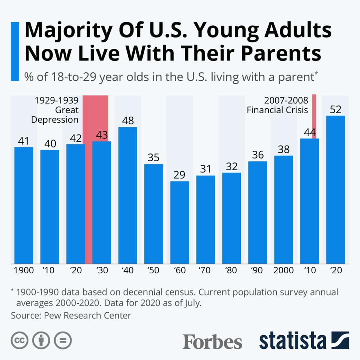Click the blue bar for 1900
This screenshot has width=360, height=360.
(x=24, y=205)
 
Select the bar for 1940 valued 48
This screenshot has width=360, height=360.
(x=127, y=195)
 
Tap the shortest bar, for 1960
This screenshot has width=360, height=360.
(x=180, y=222)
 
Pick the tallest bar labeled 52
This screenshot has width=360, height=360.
(x=336, y=189)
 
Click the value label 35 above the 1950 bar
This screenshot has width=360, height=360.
(x=153, y=157)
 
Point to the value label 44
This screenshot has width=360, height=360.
(x=309, y=132)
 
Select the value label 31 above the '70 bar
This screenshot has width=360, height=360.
(x=205, y=169)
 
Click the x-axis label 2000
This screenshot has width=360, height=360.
(x=283, y=270)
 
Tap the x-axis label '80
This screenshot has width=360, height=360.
(x=231, y=270)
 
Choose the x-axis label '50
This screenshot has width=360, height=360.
(x=153, y=270)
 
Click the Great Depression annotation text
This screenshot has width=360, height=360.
(x=55, y=110)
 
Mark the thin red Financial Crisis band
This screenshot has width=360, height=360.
(x=314, y=112)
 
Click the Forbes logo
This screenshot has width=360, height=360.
(x=212, y=342)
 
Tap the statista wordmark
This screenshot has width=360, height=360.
(x=292, y=341)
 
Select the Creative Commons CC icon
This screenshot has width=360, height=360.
(x=20, y=340)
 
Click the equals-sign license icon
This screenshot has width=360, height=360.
(x=63, y=340)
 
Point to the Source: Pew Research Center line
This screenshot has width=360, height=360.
(x=71, y=315)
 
